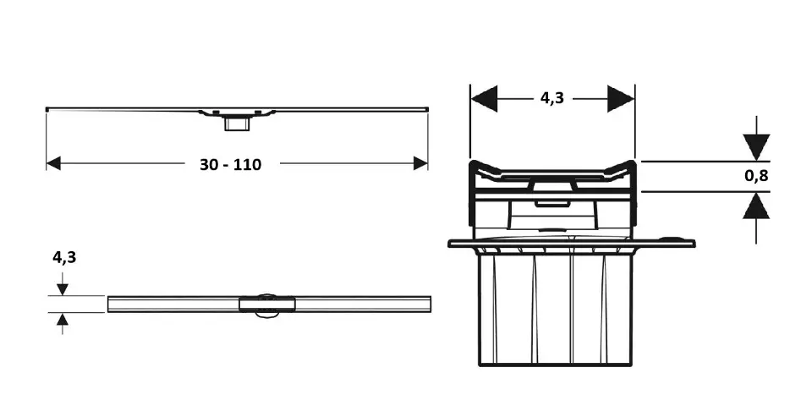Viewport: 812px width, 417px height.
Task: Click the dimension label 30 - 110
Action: click(x=230, y=165)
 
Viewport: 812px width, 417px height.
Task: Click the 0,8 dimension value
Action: click(x=756, y=176)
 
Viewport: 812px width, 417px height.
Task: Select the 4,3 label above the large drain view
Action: click(x=552, y=98)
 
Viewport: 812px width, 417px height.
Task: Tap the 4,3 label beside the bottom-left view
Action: click(x=64, y=257)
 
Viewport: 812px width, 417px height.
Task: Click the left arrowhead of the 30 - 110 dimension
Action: click(x=53, y=164)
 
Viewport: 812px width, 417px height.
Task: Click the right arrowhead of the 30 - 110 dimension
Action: click(x=420, y=164)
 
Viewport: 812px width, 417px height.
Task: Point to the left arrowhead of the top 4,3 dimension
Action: click(x=484, y=98)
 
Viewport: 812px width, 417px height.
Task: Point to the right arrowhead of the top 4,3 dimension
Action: click(x=621, y=98)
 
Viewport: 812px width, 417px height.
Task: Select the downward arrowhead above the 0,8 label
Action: click(x=756, y=147)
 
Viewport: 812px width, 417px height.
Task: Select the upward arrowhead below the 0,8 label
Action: click(x=756, y=206)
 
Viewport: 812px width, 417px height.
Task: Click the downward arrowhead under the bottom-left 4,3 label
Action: click(x=62, y=289)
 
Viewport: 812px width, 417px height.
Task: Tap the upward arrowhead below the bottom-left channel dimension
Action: click(x=62, y=319)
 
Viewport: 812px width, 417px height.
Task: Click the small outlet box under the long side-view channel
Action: click(x=237, y=123)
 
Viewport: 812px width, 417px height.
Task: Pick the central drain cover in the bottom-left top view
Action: click(x=267, y=305)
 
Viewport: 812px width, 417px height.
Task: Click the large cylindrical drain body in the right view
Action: click(x=555, y=310)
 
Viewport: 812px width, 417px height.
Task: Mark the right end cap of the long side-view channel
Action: click(x=426, y=109)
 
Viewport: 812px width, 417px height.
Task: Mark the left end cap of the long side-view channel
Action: click(x=47, y=109)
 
